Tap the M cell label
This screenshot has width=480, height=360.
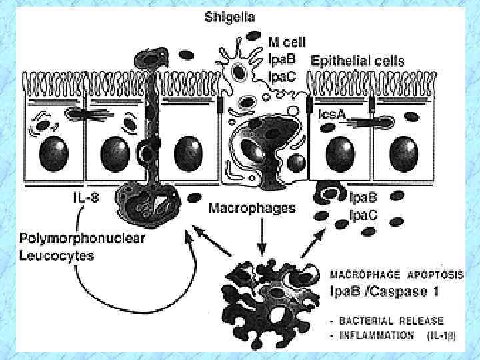click(286, 42)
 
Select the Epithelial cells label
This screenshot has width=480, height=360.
click(357, 61)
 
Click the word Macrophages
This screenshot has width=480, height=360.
click(252, 209)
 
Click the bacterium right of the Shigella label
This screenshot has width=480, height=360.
click(253, 36)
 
